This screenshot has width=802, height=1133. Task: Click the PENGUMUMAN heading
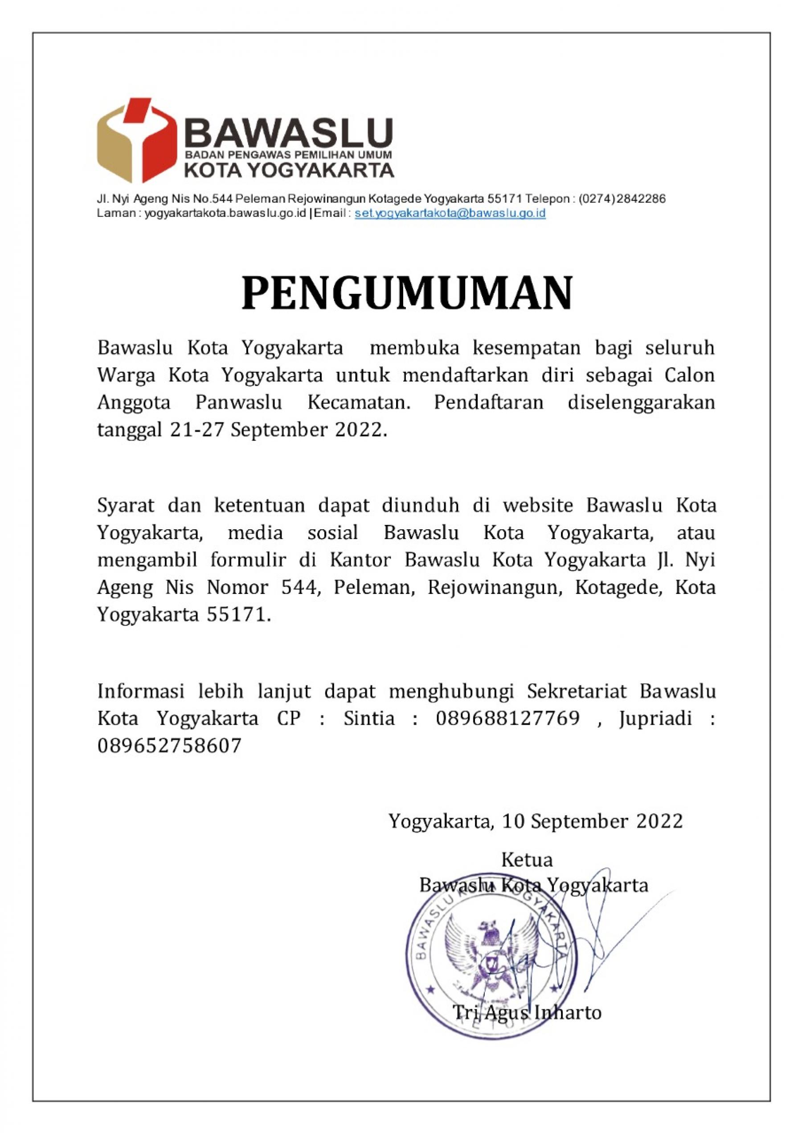(407, 293)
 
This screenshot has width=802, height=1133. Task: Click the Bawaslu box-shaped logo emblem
(136, 140)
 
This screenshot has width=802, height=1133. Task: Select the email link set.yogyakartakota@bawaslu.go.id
(450, 213)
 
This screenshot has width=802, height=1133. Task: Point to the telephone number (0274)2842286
(622, 199)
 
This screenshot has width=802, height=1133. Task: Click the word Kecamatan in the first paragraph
(359, 402)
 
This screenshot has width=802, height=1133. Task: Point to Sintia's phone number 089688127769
(507, 718)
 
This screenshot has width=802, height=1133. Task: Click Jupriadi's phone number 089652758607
(169, 745)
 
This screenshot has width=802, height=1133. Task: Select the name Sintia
(369, 718)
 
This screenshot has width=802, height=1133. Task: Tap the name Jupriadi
(655, 718)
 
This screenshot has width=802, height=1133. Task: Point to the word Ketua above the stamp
(527, 860)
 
